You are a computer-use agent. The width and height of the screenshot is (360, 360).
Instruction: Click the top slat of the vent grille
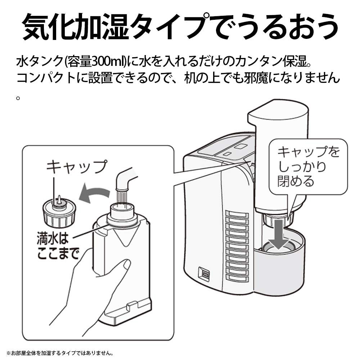(x=237, y=215)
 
